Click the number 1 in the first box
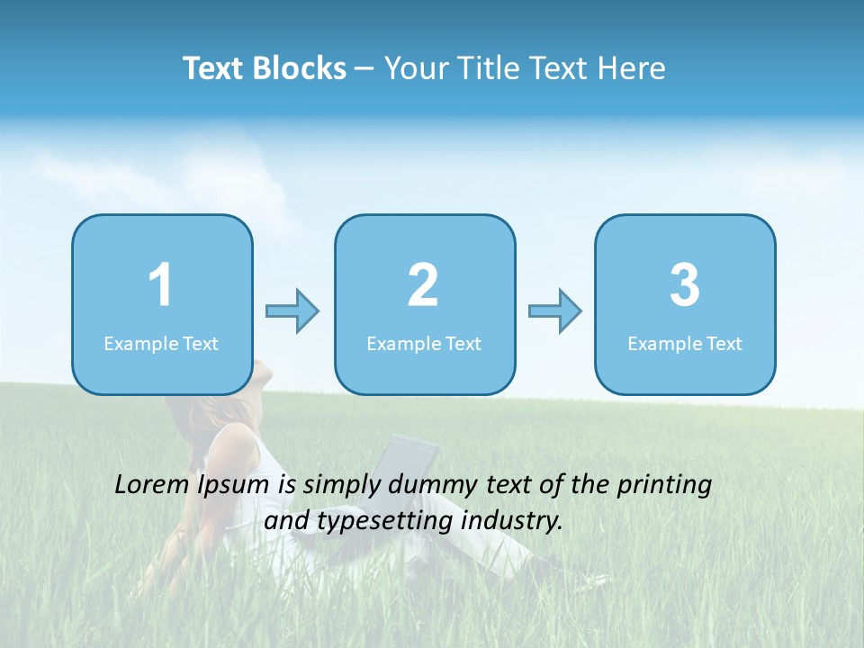[161, 286]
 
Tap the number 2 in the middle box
[424, 286]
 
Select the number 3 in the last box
[685, 286]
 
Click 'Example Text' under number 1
[161, 344]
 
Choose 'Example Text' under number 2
[424, 344]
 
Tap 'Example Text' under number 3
[685, 344]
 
